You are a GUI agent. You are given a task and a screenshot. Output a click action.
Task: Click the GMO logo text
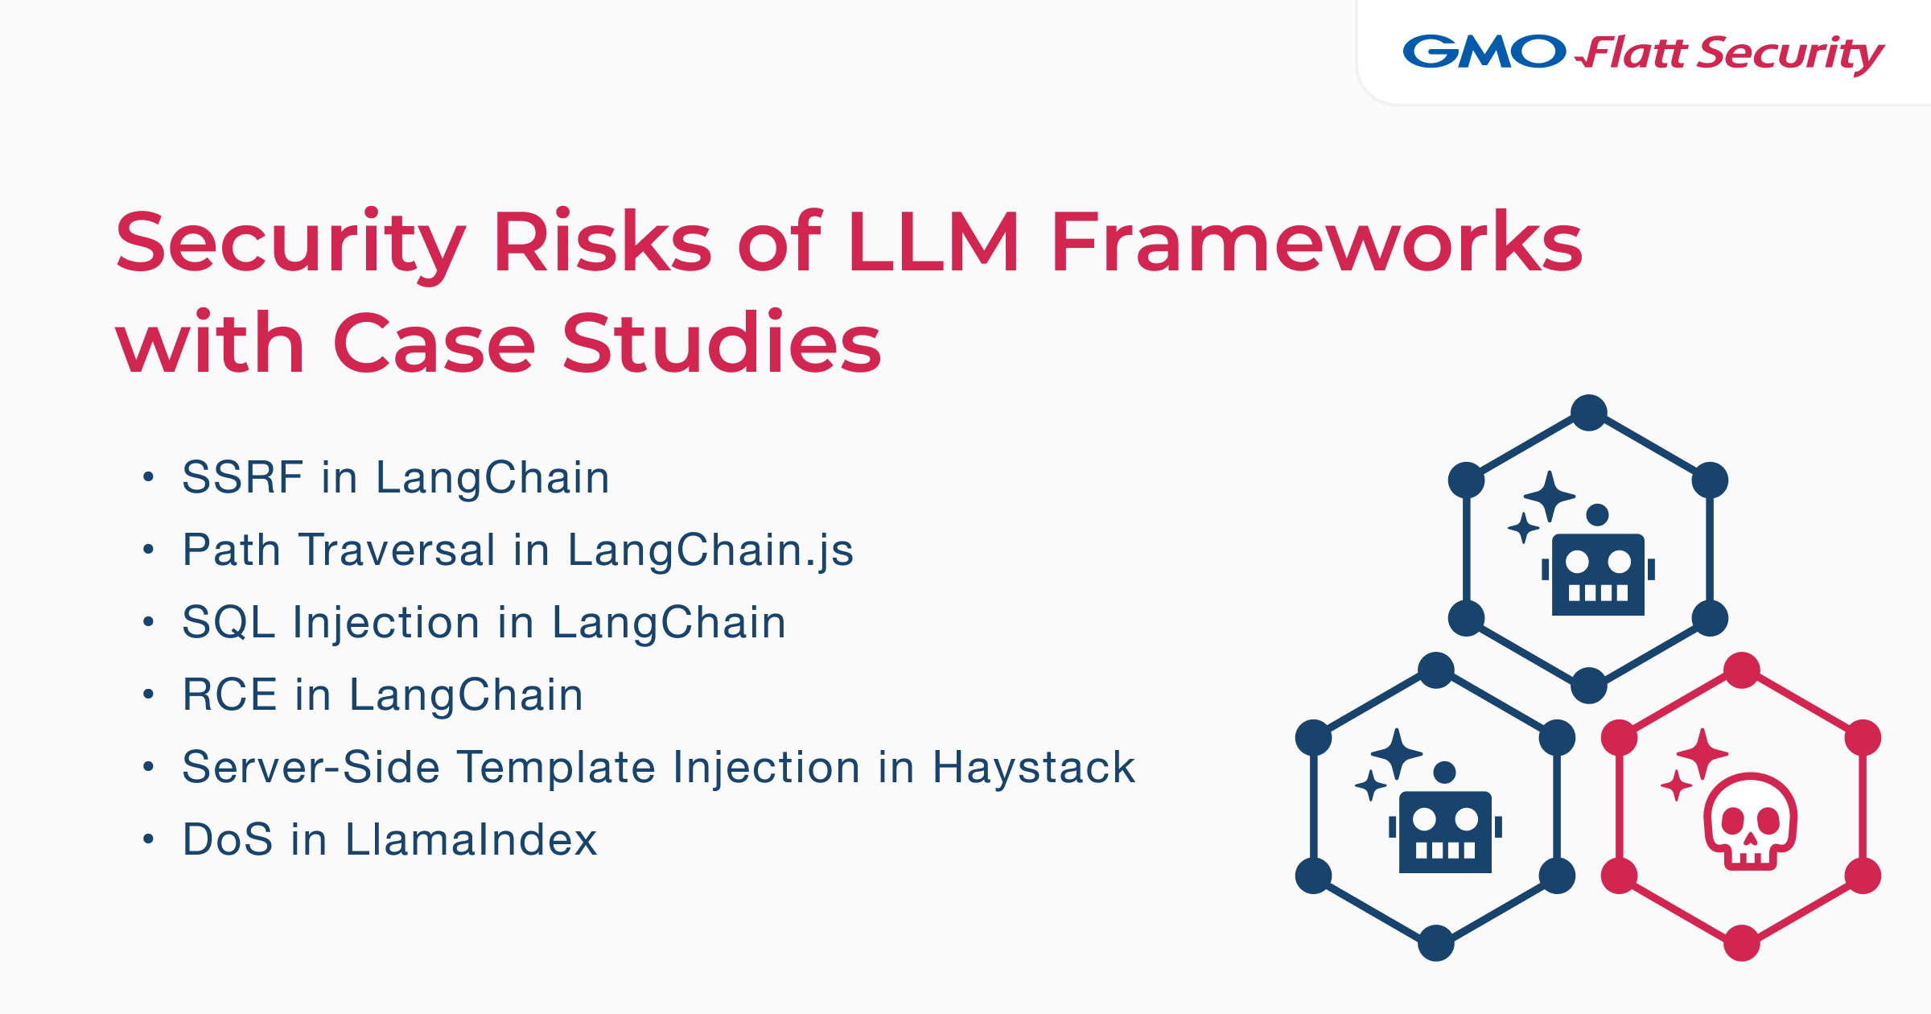1484,52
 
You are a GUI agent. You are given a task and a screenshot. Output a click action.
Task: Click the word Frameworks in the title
1316,242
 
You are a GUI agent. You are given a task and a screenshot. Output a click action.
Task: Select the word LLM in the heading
933,242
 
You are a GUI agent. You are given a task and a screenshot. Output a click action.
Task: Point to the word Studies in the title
721,344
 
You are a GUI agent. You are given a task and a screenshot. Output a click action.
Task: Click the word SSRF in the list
242,477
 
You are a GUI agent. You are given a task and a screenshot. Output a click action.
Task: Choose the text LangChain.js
710,550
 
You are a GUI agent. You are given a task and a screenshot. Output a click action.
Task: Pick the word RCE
230,695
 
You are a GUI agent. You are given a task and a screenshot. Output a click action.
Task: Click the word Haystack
1033,767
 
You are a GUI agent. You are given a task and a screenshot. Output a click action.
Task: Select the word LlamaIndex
471,839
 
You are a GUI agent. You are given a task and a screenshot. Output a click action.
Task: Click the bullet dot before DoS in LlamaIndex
148,839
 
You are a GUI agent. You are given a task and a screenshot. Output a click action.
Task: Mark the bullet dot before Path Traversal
148,550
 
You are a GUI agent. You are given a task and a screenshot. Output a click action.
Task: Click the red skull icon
1750,821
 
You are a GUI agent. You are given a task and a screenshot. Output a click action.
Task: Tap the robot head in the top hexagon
1598,573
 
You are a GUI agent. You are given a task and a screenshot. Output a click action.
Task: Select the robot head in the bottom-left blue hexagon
1445,831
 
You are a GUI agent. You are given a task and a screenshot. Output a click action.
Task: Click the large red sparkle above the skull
1702,753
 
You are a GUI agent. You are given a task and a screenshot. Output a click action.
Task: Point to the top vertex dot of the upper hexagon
1589,413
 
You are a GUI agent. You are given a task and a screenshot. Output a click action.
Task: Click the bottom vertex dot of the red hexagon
1742,943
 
